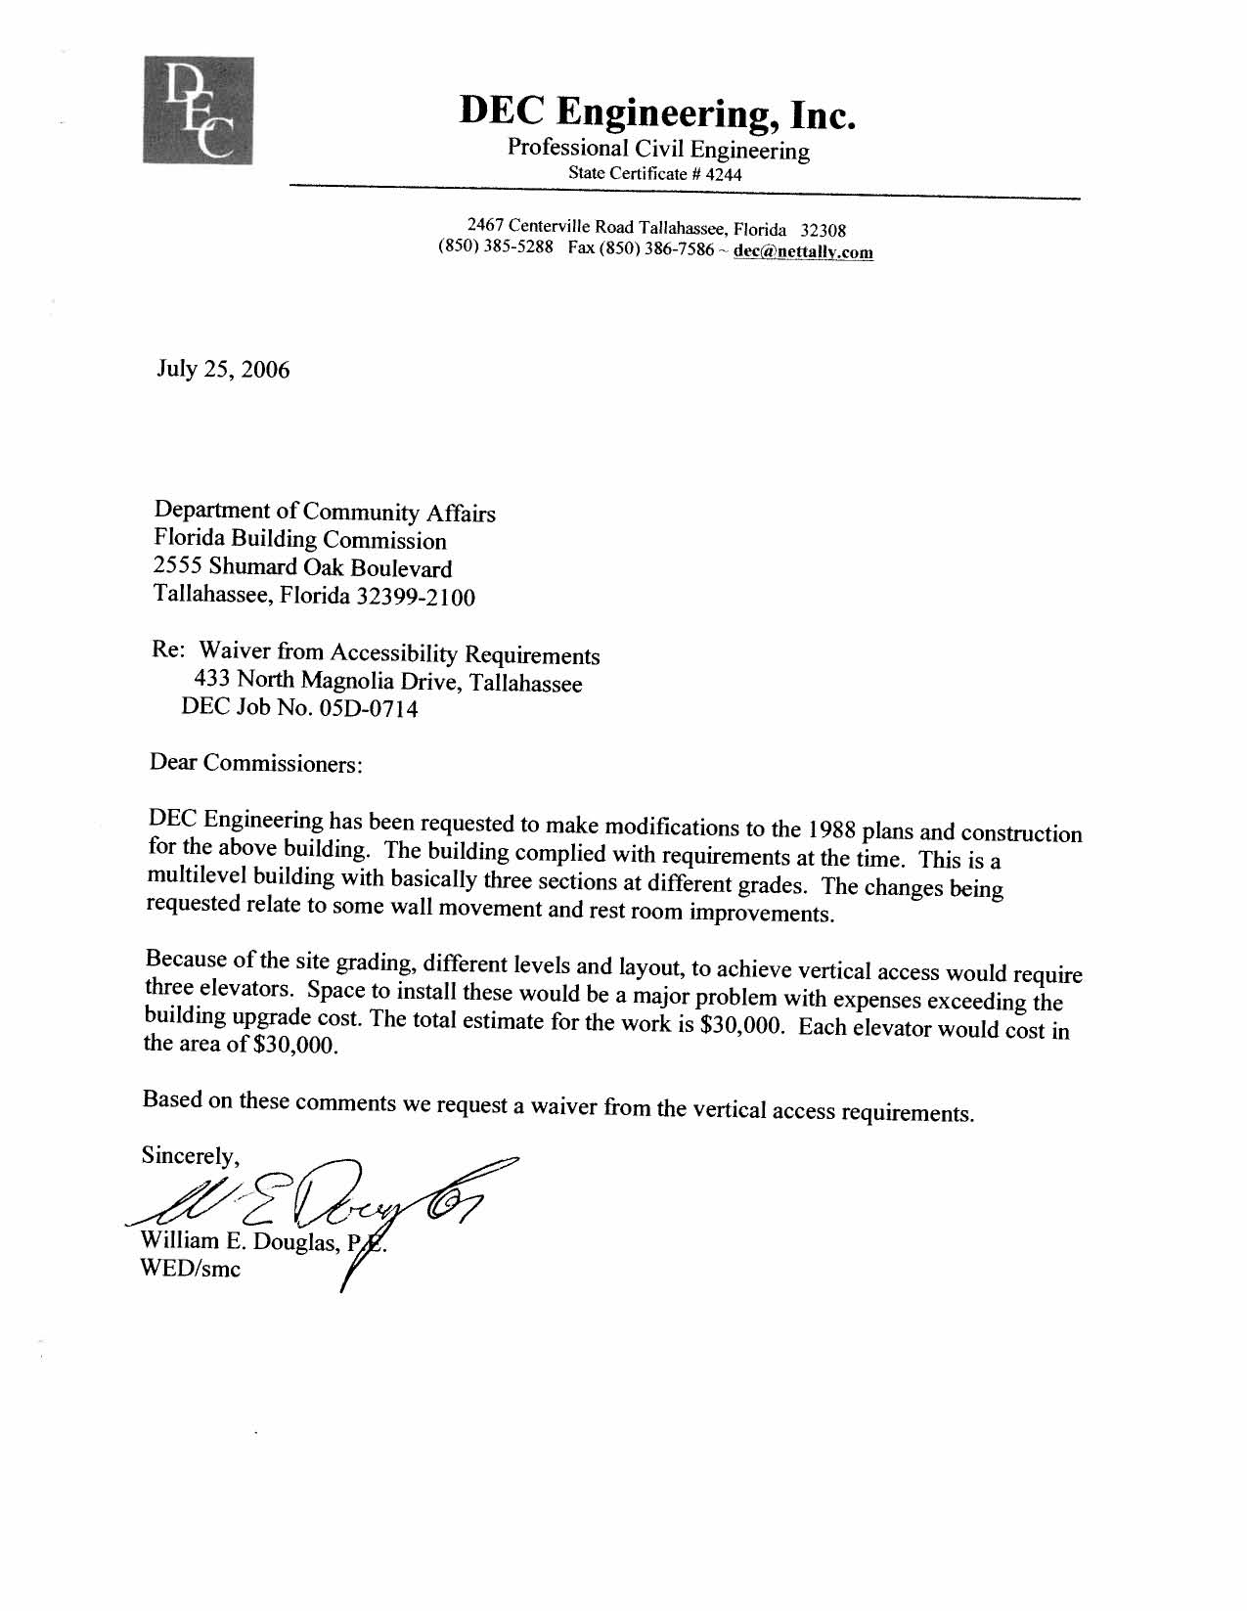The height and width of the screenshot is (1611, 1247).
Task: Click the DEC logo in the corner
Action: coord(198,110)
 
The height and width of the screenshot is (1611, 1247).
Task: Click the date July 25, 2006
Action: coord(223,370)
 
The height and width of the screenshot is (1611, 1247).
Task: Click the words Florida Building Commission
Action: coord(300,539)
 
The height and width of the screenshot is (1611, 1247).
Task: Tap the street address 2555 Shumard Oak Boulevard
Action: coord(303,567)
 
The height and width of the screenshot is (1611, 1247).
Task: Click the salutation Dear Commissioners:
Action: coord(256,763)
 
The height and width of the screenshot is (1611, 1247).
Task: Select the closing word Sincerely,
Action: coord(191,1156)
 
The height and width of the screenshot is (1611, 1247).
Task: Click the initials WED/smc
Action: coord(191,1270)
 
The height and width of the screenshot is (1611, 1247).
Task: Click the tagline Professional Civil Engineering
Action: coord(658,150)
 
